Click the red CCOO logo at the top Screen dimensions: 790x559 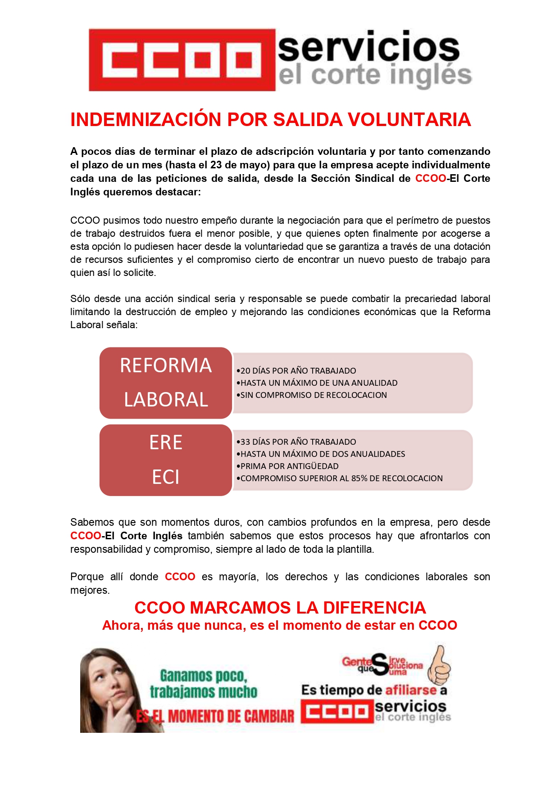(182, 60)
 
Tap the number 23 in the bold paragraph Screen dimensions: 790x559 (216, 165)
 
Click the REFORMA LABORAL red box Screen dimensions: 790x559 (166, 383)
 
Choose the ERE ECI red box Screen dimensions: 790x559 (166, 460)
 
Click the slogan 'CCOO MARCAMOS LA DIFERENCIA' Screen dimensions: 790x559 (280, 608)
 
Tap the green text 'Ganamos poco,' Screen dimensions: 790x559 (204, 676)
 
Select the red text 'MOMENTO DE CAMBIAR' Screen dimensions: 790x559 (231, 716)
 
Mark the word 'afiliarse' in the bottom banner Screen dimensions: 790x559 (411, 690)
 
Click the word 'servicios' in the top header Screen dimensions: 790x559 (368, 48)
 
